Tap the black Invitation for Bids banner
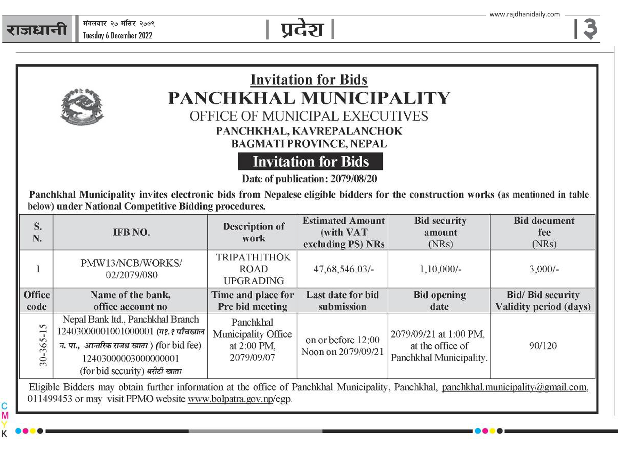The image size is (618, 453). point(310,161)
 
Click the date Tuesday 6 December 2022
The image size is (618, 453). point(117,35)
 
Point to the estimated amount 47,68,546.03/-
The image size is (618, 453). point(343,269)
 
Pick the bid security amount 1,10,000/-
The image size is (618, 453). point(440,269)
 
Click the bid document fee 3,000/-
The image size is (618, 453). point(544,269)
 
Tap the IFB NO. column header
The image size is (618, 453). point(131,232)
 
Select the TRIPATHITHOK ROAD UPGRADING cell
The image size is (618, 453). point(253,269)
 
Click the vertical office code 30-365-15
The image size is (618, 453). point(43,345)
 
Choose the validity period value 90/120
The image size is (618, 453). point(543,345)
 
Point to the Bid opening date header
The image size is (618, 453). point(439,301)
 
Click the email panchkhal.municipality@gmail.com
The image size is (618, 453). point(515,387)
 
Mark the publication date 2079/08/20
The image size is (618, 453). point(354,179)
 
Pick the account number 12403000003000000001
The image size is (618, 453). point(131,358)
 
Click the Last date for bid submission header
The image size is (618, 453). point(342,301)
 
